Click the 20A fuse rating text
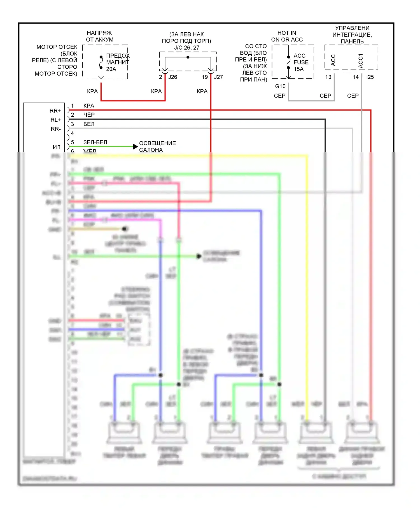tap(111, 69)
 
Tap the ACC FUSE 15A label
tap(301, 62)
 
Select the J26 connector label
tap(172, 77)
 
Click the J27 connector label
tap(218, 77)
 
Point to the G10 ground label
tap(280, 86)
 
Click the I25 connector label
tap(370, 77)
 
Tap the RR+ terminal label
tap(55, 111)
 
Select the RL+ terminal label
tap(55, 120)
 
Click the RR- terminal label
tap(55, 129)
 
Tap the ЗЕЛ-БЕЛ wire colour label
tap(95, 142)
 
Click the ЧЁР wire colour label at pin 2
tap(89, 115)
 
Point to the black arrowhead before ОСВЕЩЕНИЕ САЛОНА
tap(135, 146)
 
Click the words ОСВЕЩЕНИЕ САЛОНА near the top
tap(157, 146)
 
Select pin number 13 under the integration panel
tap(328, 77)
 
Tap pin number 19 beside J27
tap(205, 77)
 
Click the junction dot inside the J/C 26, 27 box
tap(188, 57)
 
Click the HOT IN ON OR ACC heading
tap(287, 36)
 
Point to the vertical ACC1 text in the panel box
tap(361, 61)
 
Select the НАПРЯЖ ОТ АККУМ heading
tap(99, 36)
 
